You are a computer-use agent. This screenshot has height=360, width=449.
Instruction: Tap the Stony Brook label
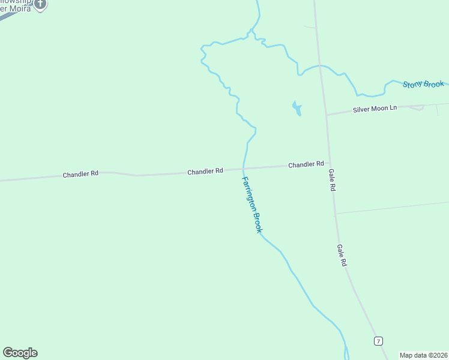point(423,85)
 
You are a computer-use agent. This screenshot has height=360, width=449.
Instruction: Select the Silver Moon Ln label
point(375,109)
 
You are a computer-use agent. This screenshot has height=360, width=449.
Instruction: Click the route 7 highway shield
point(378,341)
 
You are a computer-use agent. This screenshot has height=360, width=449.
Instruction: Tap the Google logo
point(20,353)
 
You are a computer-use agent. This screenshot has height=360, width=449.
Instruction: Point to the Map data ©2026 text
point(424,355)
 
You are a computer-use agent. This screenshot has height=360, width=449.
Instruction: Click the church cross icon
point(40,4)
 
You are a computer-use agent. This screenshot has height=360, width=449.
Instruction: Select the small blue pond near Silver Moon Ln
point(297,109)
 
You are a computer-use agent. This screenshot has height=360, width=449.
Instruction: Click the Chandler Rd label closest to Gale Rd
point(306,164)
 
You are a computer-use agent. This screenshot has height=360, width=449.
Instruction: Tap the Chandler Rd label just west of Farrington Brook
point(205,171)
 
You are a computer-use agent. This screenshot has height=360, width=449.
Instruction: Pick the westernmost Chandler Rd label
point(80,174)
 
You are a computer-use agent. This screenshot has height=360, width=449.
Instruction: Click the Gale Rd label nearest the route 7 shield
point(342,255)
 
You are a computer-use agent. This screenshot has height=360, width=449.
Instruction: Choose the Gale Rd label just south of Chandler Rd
point(332,179)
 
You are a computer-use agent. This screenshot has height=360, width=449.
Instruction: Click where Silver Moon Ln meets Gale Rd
point(326,114)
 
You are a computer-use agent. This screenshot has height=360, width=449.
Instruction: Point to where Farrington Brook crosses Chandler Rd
point(243,169)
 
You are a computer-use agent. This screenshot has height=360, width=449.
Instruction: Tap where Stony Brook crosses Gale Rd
point(321,66)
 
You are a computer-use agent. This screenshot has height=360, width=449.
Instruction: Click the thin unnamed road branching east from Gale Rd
point(390,208)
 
